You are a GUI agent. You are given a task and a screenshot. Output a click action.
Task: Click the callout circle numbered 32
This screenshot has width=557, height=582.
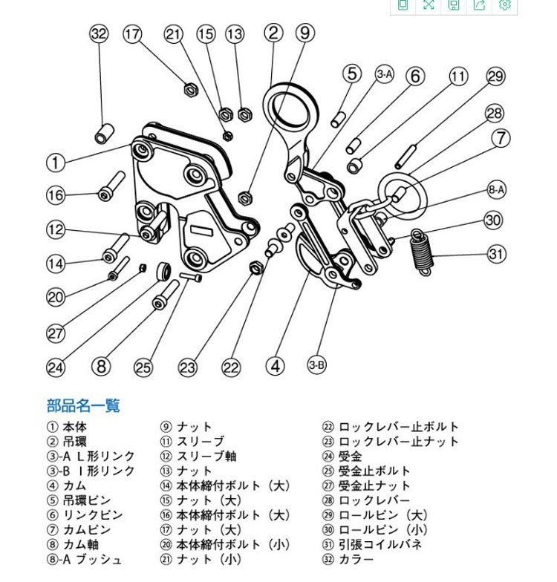[x=99, y=33]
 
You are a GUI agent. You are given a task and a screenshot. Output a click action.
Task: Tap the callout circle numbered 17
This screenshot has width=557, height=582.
[x=132, y=33]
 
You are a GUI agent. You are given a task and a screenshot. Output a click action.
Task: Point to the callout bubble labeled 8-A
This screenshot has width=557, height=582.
[x=497, y=190]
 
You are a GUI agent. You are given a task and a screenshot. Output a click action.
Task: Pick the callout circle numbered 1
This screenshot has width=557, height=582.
[x=56, y=161]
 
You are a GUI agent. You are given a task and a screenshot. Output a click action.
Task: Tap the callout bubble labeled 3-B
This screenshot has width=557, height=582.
[x=317, y=364]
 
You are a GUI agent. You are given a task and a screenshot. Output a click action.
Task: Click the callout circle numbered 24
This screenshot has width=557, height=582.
[x=56, y=365]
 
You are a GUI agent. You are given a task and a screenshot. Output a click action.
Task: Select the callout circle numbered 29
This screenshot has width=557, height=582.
[x=496, y=76]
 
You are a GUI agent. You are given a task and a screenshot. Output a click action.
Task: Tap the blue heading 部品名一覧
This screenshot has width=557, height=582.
[x=83, y=405]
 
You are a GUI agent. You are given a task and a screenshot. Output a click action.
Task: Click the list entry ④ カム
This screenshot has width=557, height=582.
[x=67, y=485]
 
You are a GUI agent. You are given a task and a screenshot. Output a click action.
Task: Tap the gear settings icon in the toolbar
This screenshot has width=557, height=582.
[x=505, y=4]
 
